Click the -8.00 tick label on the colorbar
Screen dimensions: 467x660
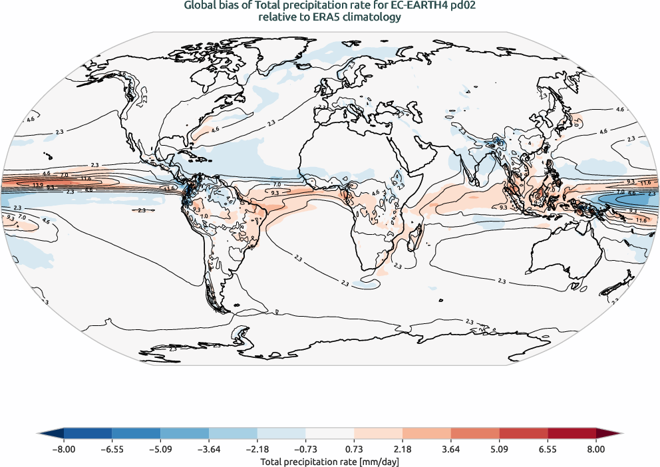63,449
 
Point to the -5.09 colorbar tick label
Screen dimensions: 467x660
160,449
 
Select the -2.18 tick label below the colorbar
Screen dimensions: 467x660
257,449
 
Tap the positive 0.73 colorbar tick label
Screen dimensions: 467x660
355,449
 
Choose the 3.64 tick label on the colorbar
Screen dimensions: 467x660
451,449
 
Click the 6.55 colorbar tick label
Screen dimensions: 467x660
548,449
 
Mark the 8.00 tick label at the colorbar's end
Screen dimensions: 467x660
596,449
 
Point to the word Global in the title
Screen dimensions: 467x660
200,7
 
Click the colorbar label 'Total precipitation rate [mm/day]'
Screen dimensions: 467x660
329,461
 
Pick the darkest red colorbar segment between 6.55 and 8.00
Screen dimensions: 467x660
572,434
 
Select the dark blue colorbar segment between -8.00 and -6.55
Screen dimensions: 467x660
88,434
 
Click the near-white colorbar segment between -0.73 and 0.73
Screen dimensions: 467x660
330,434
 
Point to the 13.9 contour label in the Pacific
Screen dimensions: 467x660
37,184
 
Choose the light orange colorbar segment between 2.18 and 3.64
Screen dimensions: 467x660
426,434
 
